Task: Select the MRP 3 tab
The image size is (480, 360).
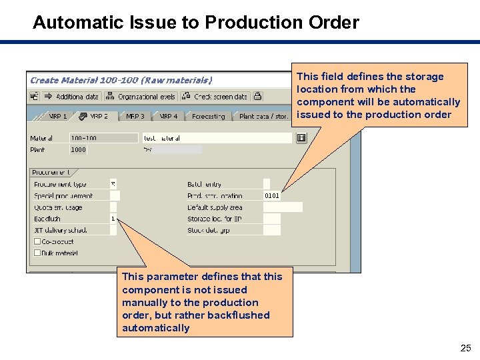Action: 135,116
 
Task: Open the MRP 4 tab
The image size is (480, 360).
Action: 167,116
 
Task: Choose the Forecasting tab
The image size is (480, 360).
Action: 208,116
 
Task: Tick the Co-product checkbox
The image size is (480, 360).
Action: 37,241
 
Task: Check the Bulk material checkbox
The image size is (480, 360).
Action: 37,253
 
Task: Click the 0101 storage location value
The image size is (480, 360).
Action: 271,196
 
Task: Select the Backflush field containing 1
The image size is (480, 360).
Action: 114,219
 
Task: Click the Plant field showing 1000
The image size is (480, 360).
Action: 79,150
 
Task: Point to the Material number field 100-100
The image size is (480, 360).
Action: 84,138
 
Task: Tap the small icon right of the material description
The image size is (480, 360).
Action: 301,138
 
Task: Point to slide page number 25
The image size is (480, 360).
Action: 465,348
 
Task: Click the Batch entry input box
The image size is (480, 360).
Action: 267,184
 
